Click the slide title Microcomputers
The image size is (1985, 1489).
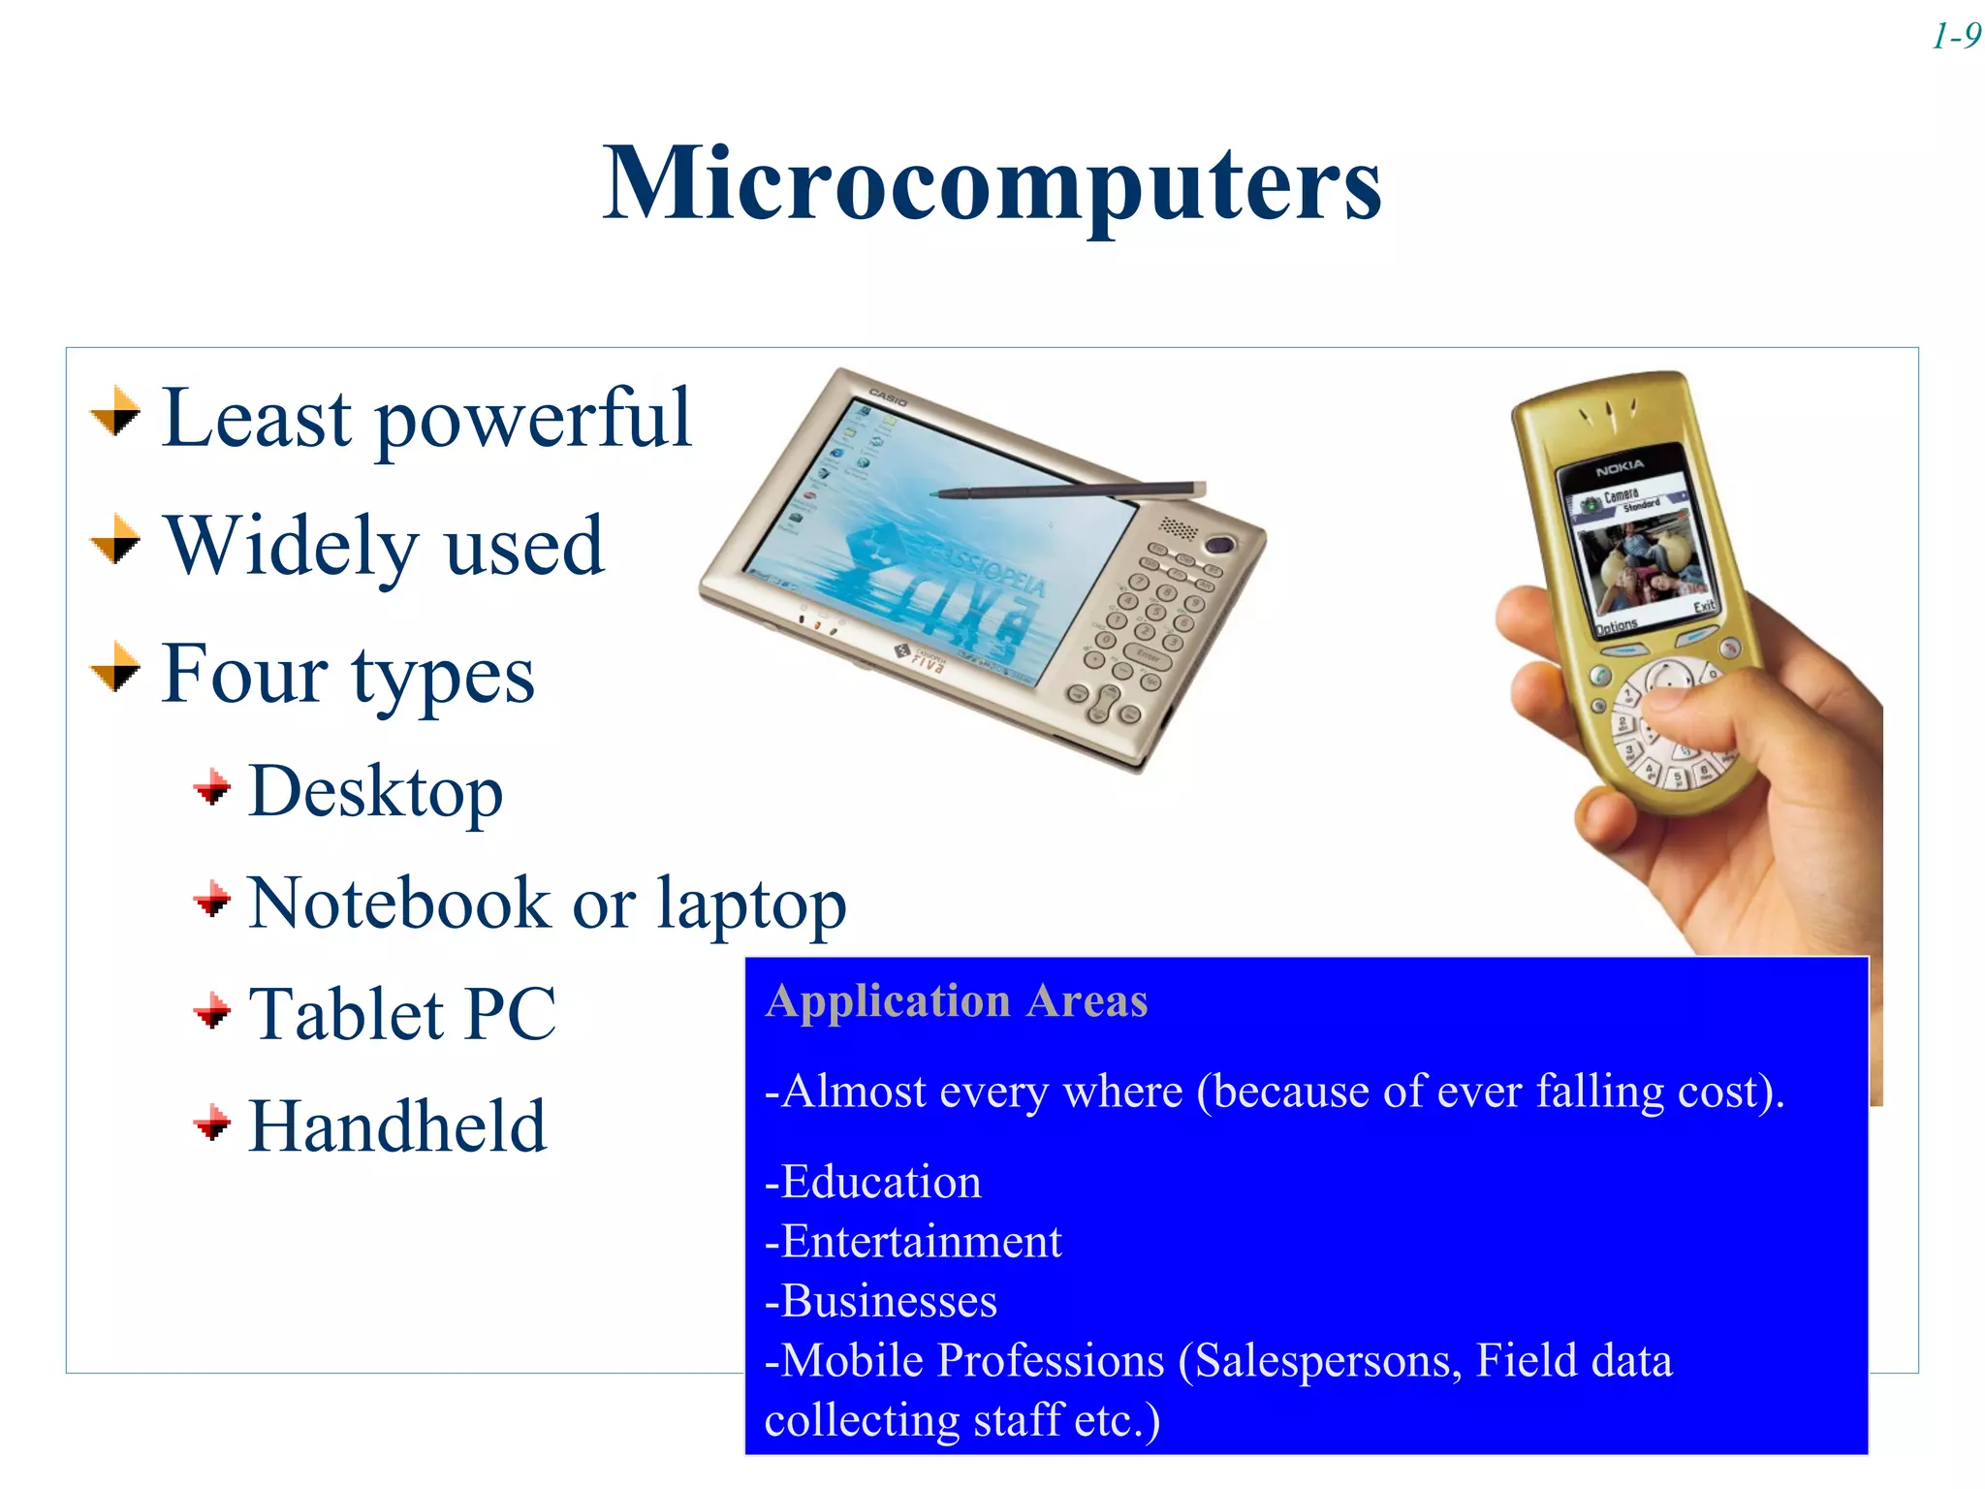click(992, 184)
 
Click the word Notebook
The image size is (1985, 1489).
click(398, 903)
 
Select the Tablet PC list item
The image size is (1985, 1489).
click(402, 1014)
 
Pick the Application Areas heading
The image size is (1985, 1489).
click(956, 1000)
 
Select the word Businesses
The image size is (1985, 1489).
click(888, 1301)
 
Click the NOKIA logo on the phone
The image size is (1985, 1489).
click(1620, 469)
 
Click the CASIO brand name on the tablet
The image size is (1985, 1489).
click(887, 396)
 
